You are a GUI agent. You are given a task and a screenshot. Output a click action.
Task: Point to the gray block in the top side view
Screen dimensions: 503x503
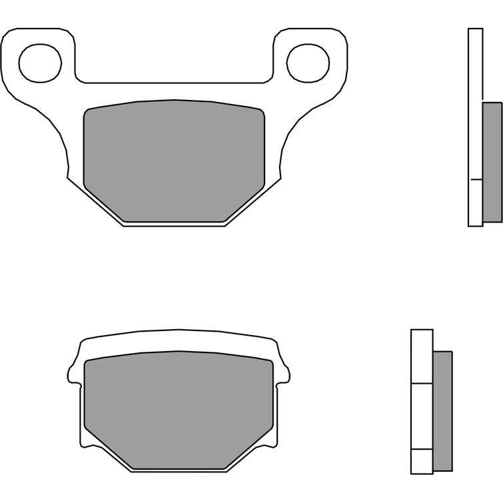[x=492, y=161]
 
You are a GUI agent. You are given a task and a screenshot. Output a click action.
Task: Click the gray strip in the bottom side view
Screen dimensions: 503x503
[x=442, y=410]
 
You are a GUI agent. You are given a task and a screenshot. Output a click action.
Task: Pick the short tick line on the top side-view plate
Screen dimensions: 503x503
[x=476, y=180]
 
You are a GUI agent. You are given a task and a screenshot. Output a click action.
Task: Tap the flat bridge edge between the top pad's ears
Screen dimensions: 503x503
[x=174, y=83]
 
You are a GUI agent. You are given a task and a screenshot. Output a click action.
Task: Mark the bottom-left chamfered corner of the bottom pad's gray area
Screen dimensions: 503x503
[x=107, y=450]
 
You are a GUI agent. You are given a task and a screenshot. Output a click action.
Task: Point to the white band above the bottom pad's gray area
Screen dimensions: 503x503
[x=179, y=341]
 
